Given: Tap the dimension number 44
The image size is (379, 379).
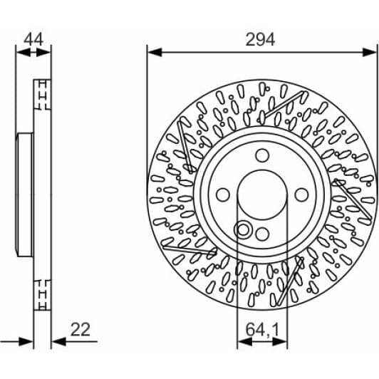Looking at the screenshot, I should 33,39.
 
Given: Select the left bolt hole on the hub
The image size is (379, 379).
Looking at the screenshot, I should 222,194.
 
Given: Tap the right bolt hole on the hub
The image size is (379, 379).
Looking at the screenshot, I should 300,194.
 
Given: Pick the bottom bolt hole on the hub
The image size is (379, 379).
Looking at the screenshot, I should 261,233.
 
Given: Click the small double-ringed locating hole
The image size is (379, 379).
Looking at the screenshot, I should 243,229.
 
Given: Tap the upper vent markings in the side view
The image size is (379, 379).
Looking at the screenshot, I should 43,93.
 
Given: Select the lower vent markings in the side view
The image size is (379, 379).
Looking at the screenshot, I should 43,294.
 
